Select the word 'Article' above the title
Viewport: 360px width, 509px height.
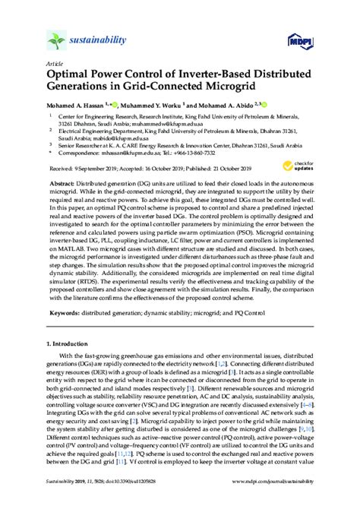[55, 64]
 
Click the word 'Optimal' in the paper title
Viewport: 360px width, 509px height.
[72, 77]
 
